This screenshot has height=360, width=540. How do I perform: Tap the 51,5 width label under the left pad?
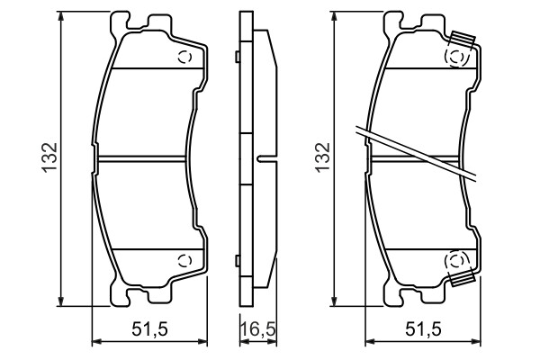coord(152,330)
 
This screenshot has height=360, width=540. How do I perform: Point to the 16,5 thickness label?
coord(256,330)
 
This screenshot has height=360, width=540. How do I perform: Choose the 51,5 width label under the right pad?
coord(424,330)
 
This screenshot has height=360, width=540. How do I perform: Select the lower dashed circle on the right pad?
coord(457,261)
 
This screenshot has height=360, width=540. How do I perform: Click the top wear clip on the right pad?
coord(463,40)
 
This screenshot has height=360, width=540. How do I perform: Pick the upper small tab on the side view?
coord(235,59)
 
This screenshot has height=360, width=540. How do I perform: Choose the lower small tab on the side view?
coord(235,260)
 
